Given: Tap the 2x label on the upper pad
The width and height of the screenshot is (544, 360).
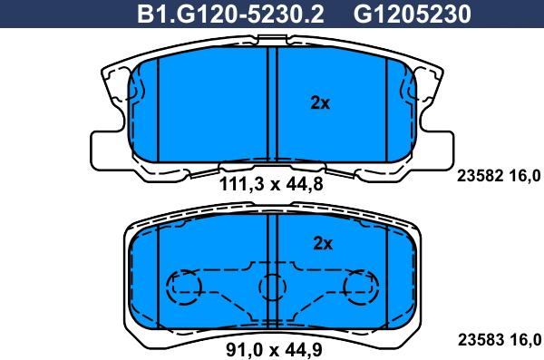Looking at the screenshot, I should [320, 103].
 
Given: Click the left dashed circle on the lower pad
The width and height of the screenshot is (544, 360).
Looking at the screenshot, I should [184, 287].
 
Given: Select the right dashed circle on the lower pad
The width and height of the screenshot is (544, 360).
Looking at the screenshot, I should [360, 287].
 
